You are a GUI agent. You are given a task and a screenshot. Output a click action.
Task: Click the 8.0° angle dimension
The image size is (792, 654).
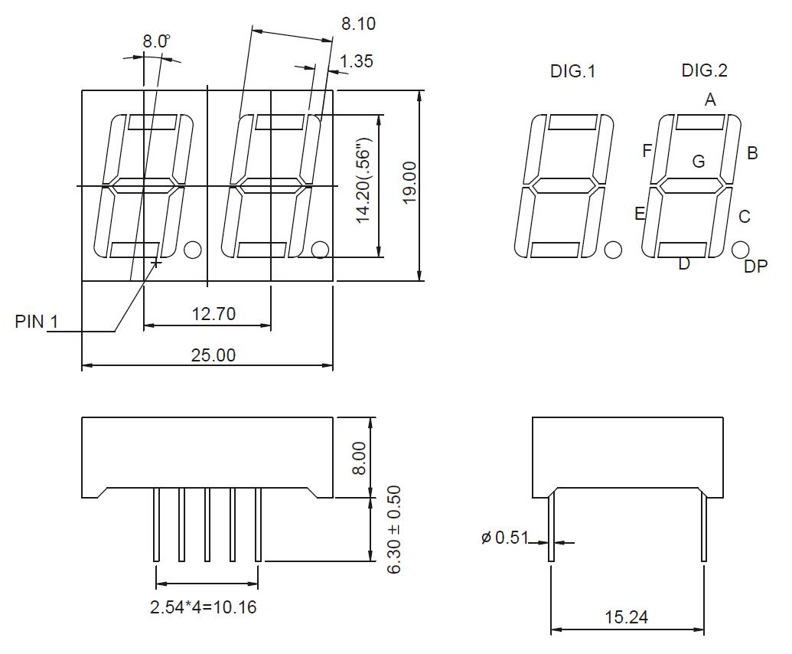click(157, 42)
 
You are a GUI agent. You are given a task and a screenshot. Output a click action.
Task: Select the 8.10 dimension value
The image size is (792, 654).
click(358, 25)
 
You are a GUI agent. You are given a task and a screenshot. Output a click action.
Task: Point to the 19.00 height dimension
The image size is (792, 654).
click(409, 183)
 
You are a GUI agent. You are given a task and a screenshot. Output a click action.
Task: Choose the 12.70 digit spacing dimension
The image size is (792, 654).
click(213, 312)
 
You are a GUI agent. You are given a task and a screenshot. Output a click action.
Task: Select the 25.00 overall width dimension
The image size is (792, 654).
click(213, 355)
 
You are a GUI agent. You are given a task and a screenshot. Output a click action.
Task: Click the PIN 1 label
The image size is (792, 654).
click(36, 322)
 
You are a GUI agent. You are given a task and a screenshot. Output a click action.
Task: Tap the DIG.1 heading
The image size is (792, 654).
click(572, 72)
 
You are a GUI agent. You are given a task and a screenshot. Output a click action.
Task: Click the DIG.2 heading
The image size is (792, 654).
click(704, 71)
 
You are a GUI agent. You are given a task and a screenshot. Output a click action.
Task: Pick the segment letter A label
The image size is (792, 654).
click(710, 100)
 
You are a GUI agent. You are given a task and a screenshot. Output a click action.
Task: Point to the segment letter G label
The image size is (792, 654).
click(698, 162)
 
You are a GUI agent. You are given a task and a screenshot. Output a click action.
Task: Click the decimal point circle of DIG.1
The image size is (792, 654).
click(613, 250)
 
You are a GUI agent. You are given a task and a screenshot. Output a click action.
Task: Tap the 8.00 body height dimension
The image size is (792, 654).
click(360, 457)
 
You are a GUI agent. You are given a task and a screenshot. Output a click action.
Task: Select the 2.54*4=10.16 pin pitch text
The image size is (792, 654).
click(204, 608)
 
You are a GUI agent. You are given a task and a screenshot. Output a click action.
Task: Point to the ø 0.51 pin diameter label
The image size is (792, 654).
click(505, 538)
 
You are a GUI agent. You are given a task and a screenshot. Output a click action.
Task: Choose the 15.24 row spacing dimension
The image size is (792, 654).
click(626, 617)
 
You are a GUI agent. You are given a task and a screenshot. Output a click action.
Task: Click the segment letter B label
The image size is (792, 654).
click(752, 153)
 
